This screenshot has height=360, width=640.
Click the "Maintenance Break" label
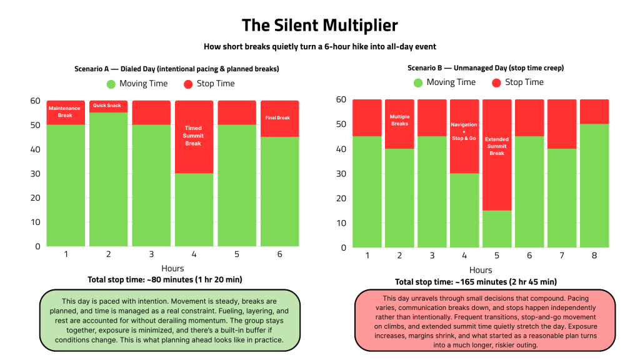[x=65, y=112]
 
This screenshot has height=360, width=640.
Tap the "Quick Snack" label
[x=107, y=106]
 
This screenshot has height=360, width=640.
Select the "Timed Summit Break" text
[x=193, y=136]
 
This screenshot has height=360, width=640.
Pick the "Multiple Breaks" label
[x=399, y=119]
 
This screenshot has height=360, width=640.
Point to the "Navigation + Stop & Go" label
[x=464, y=131]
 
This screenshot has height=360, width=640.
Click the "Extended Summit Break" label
[x=497, y=146]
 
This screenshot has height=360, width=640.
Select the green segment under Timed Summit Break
[x=193, y=209]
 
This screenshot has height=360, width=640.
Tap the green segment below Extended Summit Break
[x=497, y=229]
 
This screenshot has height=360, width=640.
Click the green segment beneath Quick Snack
[x=108, y=179]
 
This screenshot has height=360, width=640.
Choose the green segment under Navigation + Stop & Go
[x=464, y=210]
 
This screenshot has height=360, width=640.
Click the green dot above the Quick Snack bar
[x=111, y=84]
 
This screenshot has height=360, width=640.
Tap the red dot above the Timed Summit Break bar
[x=188, y=84]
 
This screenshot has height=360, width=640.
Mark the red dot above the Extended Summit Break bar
[x=497, y=83]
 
